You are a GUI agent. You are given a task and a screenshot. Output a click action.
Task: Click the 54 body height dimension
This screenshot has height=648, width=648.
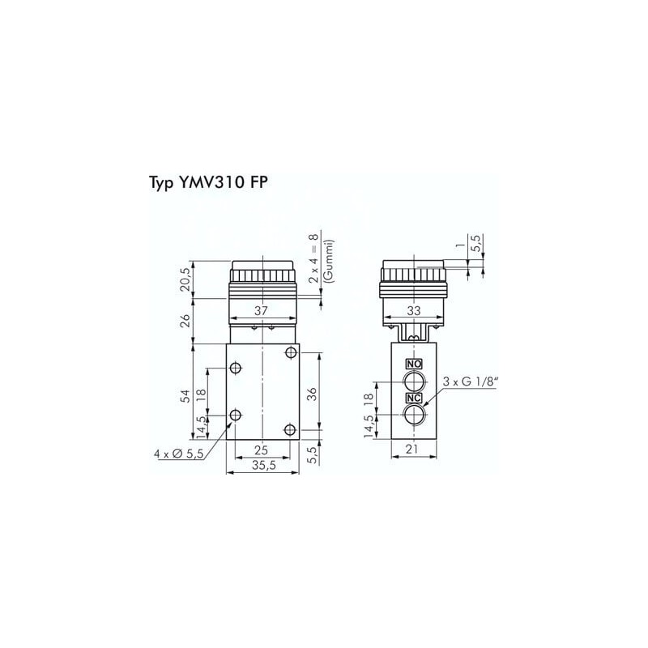[185, 395]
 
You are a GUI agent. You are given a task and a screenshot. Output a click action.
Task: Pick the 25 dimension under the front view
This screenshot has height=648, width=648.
[260, 450]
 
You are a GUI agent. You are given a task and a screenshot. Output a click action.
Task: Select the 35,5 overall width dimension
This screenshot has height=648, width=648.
[260, 466]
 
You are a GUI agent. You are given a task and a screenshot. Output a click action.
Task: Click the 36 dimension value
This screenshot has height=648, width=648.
[313, 394]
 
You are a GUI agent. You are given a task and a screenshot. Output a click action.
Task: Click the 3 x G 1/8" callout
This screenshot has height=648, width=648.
[469, 382]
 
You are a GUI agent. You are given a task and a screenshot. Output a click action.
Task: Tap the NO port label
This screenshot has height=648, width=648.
[414, 364]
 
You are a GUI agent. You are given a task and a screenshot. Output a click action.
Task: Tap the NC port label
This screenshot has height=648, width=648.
[414, 398]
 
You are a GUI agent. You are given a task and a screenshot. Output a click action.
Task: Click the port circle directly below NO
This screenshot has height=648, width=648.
[414, 381]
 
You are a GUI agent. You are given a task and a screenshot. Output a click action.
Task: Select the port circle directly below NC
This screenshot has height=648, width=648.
[414, 416]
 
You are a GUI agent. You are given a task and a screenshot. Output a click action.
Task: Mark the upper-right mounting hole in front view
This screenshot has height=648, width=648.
[290, 353]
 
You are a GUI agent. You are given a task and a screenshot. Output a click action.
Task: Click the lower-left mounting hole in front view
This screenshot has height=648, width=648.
[235, 416]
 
